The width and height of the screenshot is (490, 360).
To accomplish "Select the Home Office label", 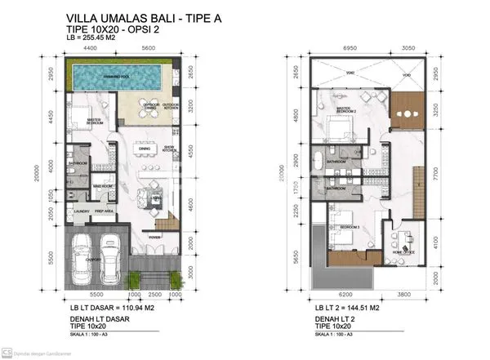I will [403, 251].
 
